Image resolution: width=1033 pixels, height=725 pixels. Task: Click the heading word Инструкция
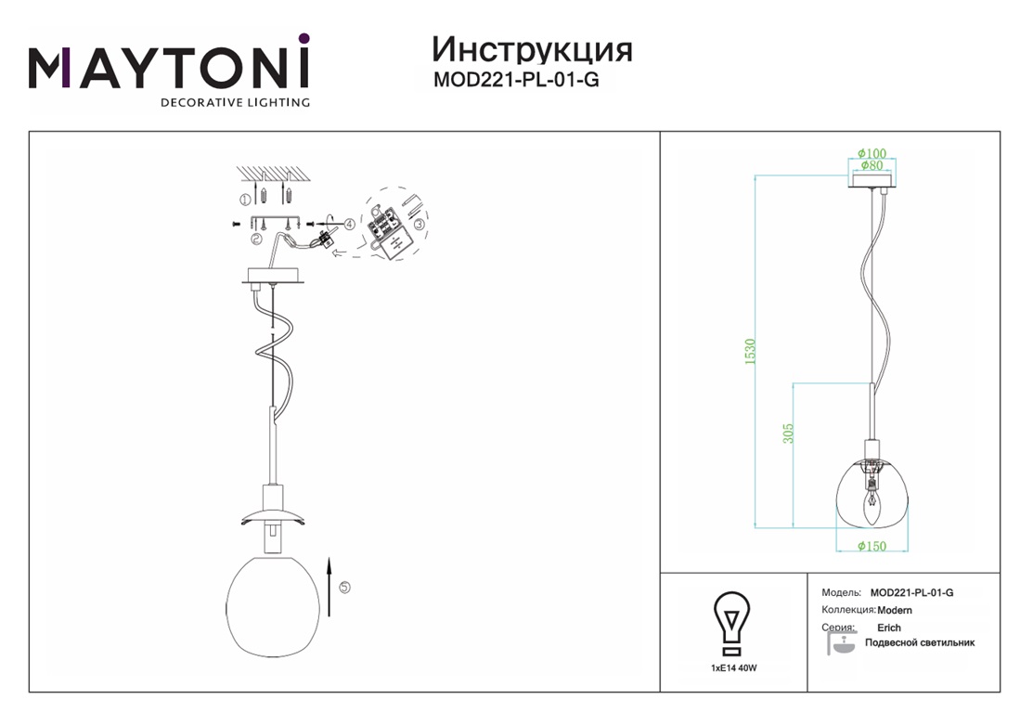pos(532,50)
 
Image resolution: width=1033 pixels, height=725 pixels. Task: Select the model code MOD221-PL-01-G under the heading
pos(516,80)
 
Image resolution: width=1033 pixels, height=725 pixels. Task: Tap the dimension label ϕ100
pos(872,153)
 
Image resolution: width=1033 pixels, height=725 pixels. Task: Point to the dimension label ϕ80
pos(872,165)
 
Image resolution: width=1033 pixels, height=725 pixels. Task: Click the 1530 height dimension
pos(750,352)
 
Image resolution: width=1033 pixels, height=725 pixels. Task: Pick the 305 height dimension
pos(788,433)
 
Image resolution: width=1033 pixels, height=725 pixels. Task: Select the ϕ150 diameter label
pos(872,546)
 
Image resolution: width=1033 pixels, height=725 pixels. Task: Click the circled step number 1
pos(244,199)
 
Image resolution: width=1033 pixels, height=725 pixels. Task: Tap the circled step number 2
pos(255,240)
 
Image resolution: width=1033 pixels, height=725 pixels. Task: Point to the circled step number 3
pos(419,224)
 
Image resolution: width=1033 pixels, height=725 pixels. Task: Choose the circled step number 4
pos(349,224)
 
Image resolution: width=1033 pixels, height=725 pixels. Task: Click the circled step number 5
pos(344,588)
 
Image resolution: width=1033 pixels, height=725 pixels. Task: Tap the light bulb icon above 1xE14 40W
pos(732,624)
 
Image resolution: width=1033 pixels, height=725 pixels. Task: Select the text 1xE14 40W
pos(733,667)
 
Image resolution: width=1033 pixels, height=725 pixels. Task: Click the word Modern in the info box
pos(895,610)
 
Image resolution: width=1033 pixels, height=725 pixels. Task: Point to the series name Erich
pos(889,628)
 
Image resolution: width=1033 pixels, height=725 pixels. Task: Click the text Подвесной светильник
pos(920,642)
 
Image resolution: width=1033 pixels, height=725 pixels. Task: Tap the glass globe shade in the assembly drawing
pos(273,606)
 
